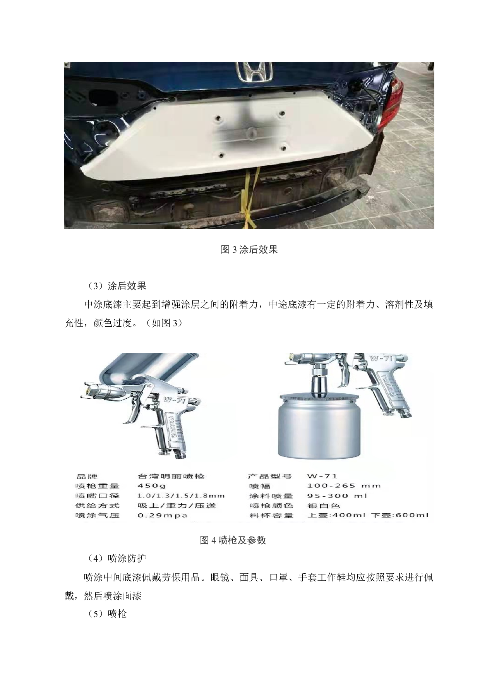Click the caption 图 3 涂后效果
point(249,249)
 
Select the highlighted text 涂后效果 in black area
point(127,286)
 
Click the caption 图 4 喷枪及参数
point(233,540)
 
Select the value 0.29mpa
point(162,515)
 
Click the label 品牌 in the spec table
point(87,476)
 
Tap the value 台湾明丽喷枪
point(171,476)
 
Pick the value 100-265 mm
point(344,486)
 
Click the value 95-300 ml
point(337,496)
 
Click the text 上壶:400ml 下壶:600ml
point(368,515)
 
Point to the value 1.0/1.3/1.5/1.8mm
point(181,496)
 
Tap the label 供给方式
point(97,506)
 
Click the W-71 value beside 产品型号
point(322,476)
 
